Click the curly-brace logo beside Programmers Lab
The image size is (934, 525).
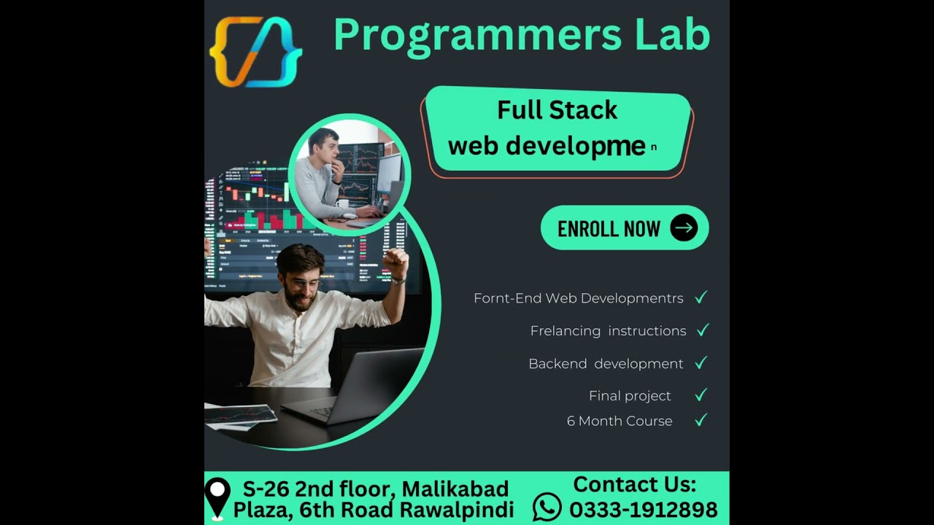click(x=255, y=52)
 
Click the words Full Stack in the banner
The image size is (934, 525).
click(x=557, y=110)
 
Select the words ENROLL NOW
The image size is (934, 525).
click(x=609, y=229)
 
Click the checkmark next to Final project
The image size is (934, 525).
click(x=700, y=395)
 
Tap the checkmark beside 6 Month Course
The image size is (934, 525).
click(x=700, y=420)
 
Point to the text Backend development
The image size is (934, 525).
click(x=606, y=364)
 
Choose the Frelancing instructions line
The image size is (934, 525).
click(x=608, y=331)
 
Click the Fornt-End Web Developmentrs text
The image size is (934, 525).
click(x=578, y=298)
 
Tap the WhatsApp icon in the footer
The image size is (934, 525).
click(x=547, y=507)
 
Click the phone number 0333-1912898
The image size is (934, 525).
click(x=643, y=509)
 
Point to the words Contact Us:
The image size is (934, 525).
click(x=634, y=484)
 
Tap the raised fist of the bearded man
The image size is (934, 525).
click(x=396, y=260)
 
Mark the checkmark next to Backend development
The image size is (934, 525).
click(x=700, y=363)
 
